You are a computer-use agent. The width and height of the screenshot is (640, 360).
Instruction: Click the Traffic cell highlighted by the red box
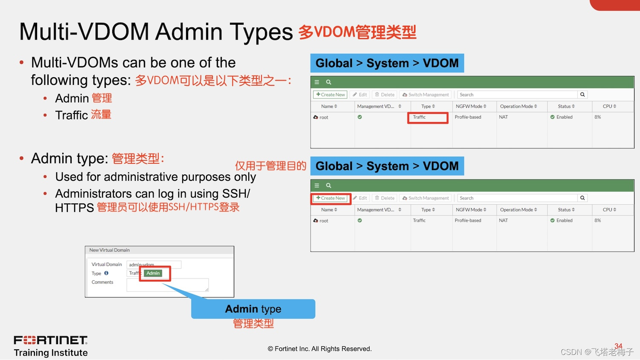427,117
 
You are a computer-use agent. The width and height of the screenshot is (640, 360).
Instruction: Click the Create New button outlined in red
331,198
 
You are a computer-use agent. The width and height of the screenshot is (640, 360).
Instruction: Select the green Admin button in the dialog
153,273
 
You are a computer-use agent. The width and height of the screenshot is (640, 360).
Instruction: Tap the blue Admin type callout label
253,309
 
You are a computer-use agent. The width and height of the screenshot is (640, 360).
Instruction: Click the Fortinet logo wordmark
51,340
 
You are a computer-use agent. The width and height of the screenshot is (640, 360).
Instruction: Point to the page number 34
618,346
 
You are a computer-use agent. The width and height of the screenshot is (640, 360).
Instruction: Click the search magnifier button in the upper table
582,95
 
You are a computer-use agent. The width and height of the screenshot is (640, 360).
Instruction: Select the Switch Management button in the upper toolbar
425,95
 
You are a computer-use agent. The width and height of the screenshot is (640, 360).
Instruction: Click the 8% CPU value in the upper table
597,117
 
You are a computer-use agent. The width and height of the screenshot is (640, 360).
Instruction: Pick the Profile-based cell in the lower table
468,221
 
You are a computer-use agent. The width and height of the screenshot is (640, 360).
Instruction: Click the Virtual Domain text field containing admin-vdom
154,265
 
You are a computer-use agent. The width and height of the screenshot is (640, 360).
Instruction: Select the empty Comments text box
167,285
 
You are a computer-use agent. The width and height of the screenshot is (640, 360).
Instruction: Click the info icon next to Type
106,273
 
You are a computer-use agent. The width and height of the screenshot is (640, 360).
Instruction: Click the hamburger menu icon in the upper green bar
317,82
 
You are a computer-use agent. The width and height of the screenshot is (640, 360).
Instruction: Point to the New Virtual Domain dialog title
110,250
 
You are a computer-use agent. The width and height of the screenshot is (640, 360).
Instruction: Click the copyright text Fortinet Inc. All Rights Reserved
320,349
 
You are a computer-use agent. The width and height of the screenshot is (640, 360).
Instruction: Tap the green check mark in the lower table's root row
360,221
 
